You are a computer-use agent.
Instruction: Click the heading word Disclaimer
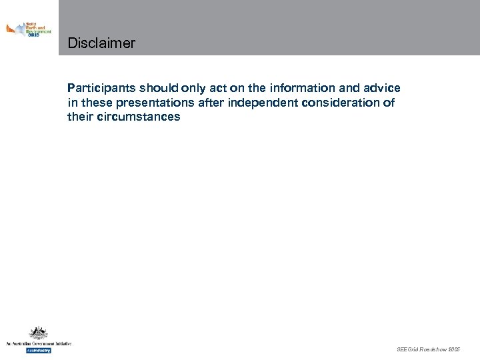pos(101,44)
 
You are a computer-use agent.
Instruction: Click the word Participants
pos(101,88)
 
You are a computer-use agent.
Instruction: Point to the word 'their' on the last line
pos(80,117)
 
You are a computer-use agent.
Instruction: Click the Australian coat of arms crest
pos(38,333)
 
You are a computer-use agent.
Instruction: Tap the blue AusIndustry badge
pos(38,350)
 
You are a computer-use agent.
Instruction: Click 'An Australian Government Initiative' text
pos(38,344)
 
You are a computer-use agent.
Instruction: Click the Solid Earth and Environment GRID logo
pos(28,29)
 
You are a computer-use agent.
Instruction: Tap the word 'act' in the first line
pos(218,88)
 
